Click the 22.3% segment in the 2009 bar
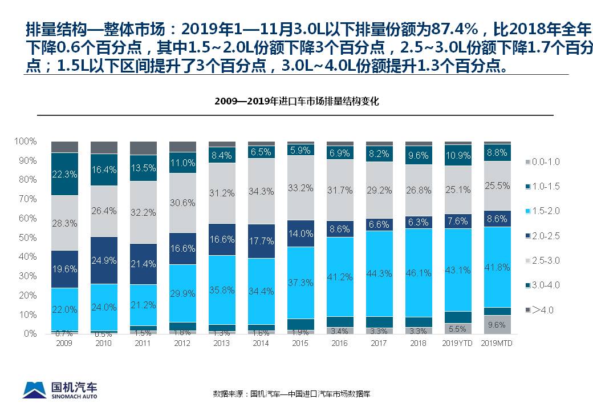[x=64, y=174]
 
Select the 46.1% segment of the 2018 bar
[x=418, y=273]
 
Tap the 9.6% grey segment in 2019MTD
[x=497, y=324]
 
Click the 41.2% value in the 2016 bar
[x=339, y=277]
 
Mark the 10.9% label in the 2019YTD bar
[x=458, y=155]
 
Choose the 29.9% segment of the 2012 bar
[x=182, y=293]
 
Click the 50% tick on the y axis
[x=27, y=237]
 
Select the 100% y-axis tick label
[x=26, y=141]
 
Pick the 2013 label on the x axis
[x=221, y=343]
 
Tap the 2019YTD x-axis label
[x=457, y=343]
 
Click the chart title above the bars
[x=296, y=102]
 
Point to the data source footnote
[x=291, y=393]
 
